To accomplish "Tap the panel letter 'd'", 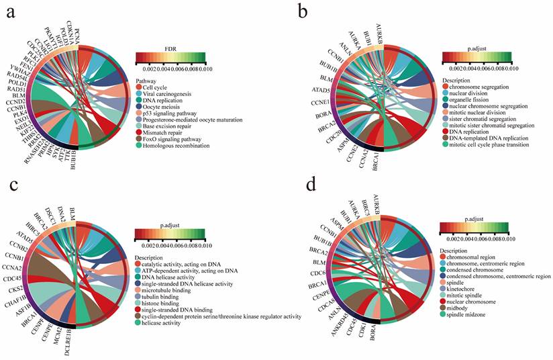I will tap(294, 199).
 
